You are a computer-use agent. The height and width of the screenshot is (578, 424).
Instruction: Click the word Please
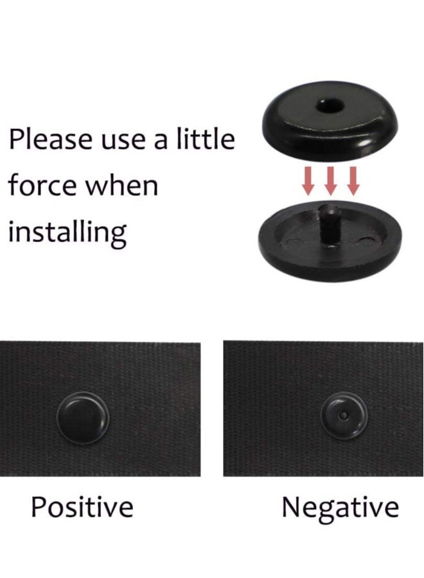tap(51, 139)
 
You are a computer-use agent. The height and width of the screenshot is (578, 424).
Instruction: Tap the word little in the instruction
tap(204, 139)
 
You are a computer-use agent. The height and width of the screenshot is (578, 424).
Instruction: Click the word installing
tap(67, 232)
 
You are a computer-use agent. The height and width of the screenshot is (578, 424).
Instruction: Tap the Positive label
tap(82, 507)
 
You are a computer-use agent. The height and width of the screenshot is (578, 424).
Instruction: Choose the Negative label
tap(340, 507)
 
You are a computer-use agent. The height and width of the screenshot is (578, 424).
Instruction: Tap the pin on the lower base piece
tap(331, 222)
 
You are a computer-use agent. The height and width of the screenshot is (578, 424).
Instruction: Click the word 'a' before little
tap(161, 141)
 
